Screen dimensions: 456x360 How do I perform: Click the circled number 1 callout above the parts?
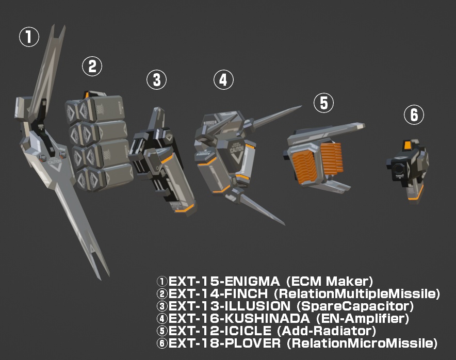click(29, 37)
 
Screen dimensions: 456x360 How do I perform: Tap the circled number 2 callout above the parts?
click(92, 67)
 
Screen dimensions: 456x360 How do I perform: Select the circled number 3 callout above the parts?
click(156, 79)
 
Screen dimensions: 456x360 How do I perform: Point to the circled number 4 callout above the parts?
click(223, 79)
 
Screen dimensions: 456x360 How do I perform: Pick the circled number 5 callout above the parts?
click(323, 103)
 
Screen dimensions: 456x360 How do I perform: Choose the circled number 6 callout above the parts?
click(414, 114)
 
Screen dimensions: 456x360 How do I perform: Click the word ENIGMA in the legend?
click(252, 281)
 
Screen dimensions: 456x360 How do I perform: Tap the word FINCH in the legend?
click(246, 293)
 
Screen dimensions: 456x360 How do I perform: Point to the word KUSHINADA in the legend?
click(268, 318)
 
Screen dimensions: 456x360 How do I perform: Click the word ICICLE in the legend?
click(248, 331)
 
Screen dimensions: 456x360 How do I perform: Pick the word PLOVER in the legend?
click(253, 343)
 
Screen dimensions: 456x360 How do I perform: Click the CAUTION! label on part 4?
click(236, 149)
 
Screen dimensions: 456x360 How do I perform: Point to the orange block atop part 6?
click(407, 144)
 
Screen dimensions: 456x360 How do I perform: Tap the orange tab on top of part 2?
click(87, 94)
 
